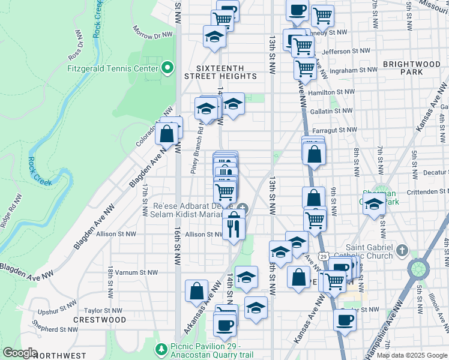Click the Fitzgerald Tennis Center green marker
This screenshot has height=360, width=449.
(167, 68)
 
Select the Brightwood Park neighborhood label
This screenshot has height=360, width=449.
(411, 68)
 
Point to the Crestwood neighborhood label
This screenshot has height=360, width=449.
(100, 320)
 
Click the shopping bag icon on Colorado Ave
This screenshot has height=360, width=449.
(167, 134)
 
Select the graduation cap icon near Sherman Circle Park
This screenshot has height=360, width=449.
(373, 204)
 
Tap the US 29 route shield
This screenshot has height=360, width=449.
(324, 256)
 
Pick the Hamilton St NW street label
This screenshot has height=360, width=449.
(331, 92)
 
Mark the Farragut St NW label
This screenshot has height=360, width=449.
(334, 130)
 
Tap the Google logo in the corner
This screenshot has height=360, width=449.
(19, 353)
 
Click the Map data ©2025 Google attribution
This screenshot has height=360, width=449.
(411, 356)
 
